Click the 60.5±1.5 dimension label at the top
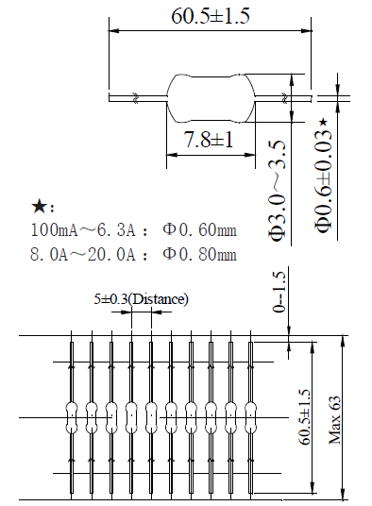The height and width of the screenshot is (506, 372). pyautogui.click(x=210, y=16)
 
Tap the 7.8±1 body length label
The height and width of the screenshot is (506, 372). pyautogui.click(x=208, y=140)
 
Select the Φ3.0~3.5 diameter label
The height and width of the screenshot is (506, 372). pyautogui.click(x=277, y=189)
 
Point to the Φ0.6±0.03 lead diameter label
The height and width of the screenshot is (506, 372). pyautogui.click(x=324, y=180)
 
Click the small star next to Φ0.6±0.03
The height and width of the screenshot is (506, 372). pyautogui.click(x=323, y=123)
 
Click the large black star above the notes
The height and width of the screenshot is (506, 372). pyautogui.click(x=39, y=207)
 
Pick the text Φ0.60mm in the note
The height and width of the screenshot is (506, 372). pyautogui.click(x=200, y=230)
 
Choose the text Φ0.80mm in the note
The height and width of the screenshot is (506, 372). pyautogui.click(x=200, y=254)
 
